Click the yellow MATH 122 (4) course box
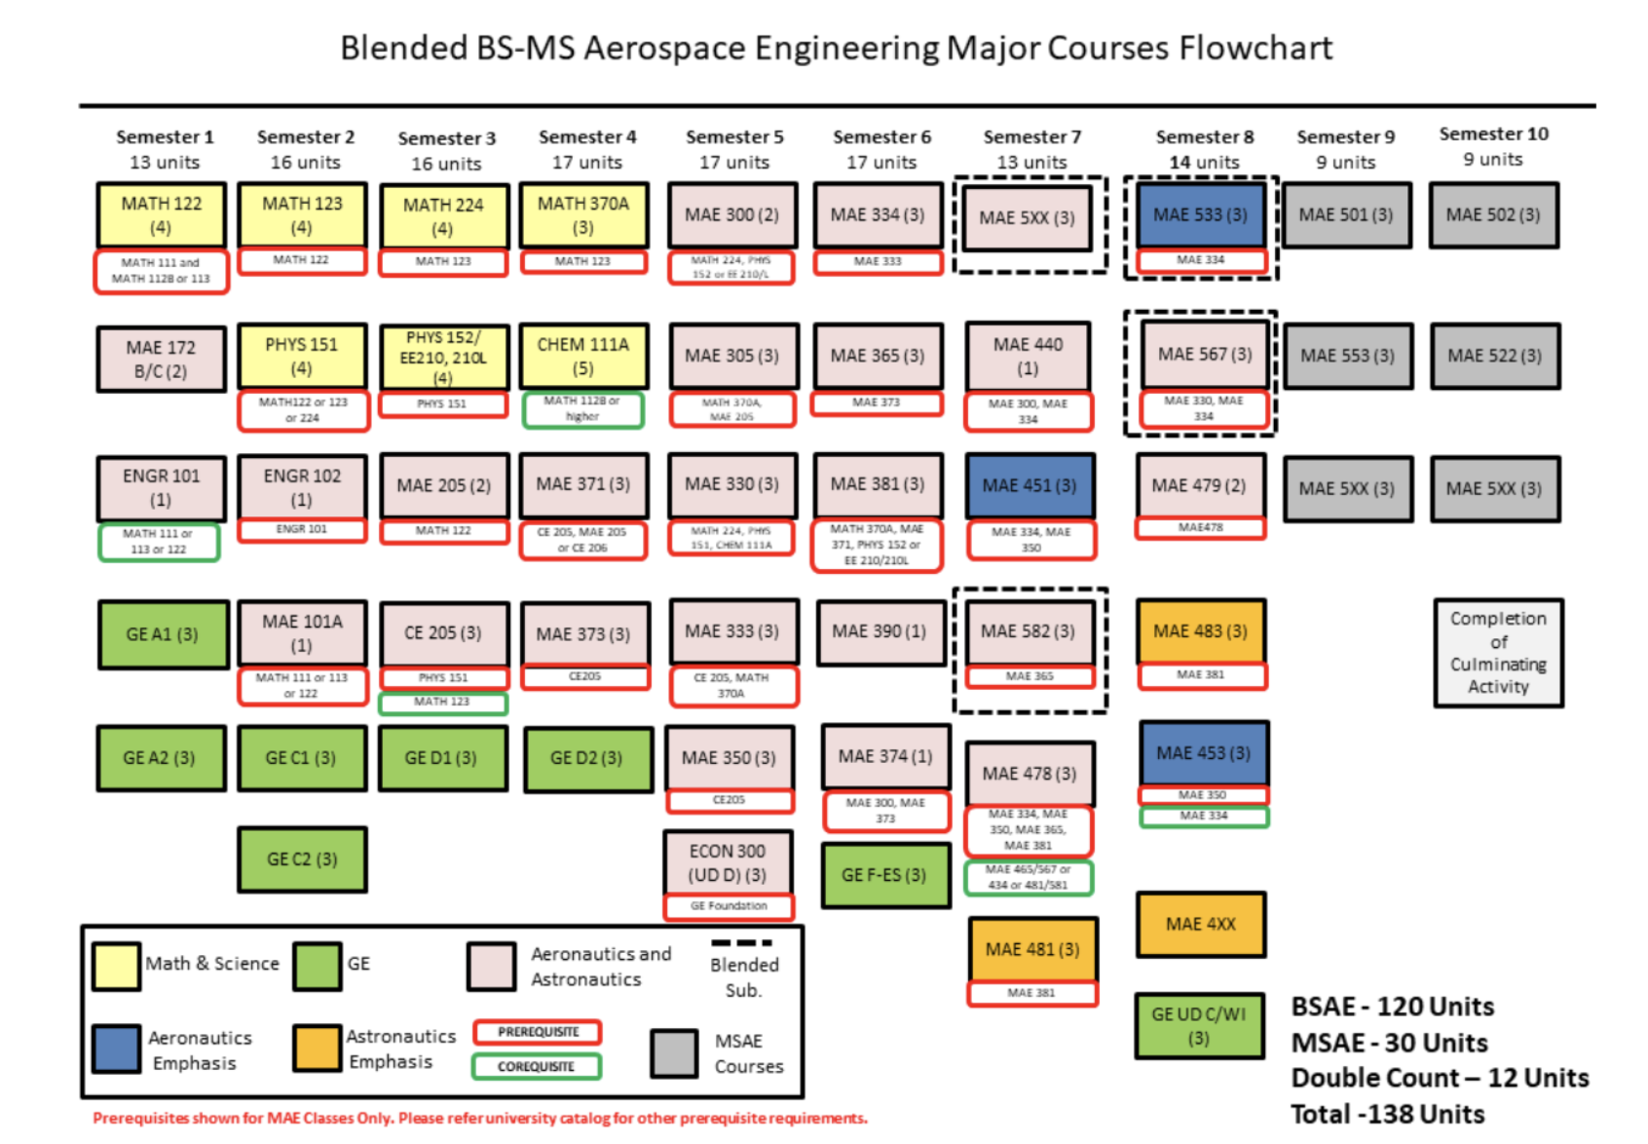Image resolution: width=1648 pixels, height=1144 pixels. coord(161,214)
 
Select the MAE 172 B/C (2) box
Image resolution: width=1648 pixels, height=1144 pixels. coord(161,359)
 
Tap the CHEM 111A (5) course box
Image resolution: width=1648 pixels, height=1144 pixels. coord(582,356)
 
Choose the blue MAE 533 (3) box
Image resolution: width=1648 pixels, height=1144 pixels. coord(1200,214)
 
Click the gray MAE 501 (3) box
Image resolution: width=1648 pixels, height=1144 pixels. coord(1346,214)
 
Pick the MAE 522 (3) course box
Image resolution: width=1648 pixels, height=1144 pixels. coord(1494,356)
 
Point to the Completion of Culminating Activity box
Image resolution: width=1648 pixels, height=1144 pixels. coord(1498,652)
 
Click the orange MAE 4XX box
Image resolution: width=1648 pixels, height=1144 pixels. coord(1200,924)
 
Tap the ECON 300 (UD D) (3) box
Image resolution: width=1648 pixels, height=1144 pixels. coord(728,862)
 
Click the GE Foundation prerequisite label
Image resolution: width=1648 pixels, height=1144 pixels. coord(729,906)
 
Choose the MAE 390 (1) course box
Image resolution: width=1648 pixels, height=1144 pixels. coord(880,631)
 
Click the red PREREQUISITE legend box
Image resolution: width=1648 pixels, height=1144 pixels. coord(538,1032)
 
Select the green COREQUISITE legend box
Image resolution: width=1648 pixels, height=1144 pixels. coord(536,1066)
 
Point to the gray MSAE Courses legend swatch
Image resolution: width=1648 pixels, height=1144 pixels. coord(674,1053)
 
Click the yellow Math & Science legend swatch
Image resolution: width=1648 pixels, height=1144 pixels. coord(116,965)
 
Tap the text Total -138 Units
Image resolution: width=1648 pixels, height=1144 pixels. coord(1387,1114)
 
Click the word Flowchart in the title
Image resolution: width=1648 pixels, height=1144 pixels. coord(1255,48)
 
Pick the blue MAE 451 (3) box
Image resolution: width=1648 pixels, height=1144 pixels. coord(1030,485)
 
